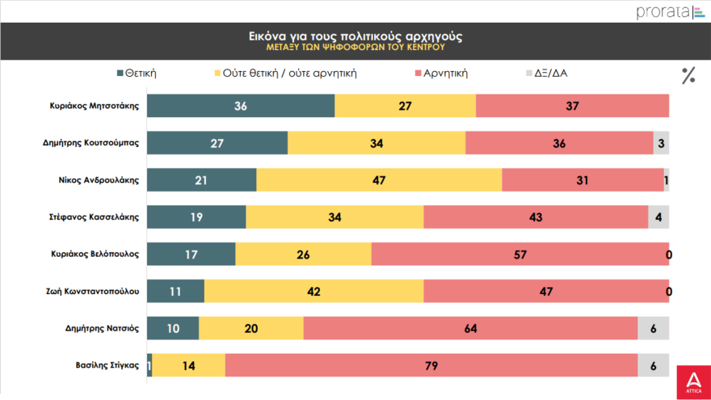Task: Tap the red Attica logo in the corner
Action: [692, 381]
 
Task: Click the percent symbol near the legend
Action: [688, 76]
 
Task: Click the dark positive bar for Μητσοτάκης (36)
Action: [241, 106]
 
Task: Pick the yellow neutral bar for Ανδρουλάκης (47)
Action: [379, 180]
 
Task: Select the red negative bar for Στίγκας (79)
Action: [431, 366]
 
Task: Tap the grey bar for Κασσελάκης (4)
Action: [658, 217]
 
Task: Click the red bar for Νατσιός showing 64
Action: [470, 329]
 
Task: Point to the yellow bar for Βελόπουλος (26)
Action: [303, 255]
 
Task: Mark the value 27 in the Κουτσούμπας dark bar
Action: [217, 143]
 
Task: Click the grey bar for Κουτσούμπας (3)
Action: [661, 143]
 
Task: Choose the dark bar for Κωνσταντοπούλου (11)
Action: [175, 292]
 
